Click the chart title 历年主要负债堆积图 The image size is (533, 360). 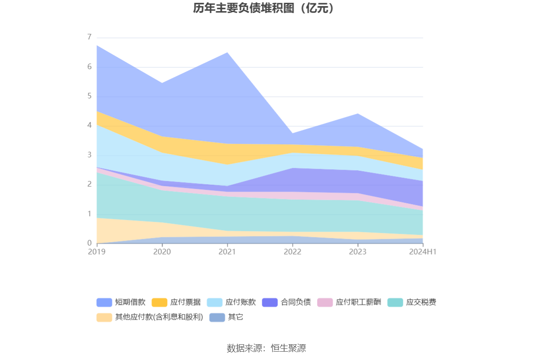[x=264, y=8]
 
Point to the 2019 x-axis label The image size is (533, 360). [x=97, y=252]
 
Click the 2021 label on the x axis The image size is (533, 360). [x=227, y=252]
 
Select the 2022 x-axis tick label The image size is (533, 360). [x=292, y=252]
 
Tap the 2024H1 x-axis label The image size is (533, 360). [x=423, y=252]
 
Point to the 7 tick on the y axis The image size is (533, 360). [x=89, y=37]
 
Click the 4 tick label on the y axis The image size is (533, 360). [x=89, y=126]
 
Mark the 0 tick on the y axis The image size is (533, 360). [x=89, y=243]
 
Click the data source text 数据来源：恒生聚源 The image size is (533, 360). [x=266, y=348]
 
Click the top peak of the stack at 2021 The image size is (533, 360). [x=227, y=52]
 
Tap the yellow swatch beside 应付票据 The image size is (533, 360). [x=159, y=302]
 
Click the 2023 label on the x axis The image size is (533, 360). [x=357, y=252]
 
